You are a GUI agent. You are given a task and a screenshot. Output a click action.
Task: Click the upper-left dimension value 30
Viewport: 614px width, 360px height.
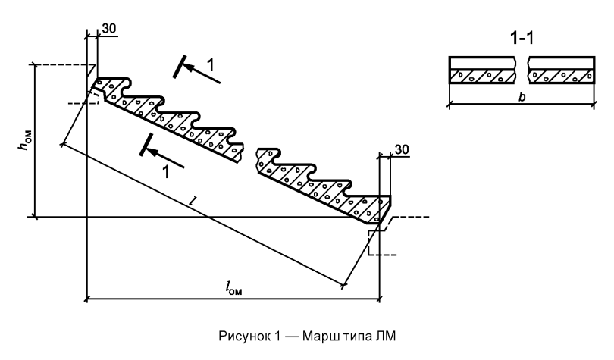109,29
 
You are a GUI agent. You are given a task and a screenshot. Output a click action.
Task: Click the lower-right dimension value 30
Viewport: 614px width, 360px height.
401,150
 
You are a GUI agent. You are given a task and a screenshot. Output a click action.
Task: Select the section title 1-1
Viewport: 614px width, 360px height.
522,39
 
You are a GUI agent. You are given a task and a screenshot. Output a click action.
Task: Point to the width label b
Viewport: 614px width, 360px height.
522,97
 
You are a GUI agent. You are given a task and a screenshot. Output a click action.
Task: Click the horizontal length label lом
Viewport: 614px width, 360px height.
233,288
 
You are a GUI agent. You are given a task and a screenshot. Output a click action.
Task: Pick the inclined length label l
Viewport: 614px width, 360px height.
193,201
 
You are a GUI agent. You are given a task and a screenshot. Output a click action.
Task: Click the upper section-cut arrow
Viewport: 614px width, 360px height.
202,74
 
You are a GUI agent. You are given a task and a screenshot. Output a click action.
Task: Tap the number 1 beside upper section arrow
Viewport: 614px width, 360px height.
211,65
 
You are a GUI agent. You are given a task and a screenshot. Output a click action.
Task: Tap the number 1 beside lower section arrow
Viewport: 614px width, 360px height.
166,172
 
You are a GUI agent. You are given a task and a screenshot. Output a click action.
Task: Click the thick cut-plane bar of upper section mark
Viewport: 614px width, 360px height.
179,67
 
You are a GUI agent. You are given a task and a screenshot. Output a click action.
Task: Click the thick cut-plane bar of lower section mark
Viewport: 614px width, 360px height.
146,145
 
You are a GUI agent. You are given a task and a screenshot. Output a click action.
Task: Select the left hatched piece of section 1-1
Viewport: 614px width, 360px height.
483,77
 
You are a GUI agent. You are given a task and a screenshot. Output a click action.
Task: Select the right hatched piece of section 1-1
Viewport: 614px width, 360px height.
561,77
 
